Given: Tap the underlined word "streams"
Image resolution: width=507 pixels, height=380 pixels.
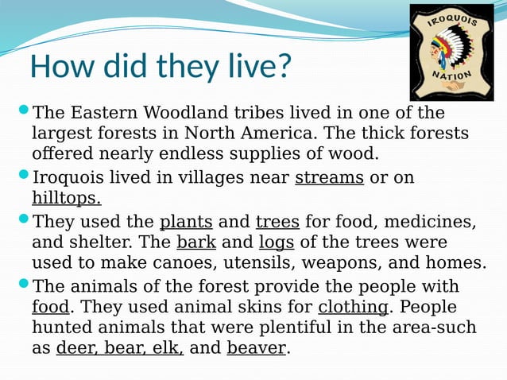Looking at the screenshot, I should pyautogui.click(x=329, y=177).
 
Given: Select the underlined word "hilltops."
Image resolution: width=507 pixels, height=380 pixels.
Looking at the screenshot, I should pyautogui.click(x=67, y=198).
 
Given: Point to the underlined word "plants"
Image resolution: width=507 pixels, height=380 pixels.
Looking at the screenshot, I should pyautogui.click(x=186, y=221).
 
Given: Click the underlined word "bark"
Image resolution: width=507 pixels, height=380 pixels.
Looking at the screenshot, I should pyautogui.click(x=196, y=242).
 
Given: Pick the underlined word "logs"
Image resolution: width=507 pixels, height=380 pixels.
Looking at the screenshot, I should pyautogui.click(x=277, y=242).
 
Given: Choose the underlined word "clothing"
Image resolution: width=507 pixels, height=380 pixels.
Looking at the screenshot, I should pyautogui.click(x=353, y=307).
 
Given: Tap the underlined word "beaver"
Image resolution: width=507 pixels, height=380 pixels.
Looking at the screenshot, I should pyautogui.click(x=256, y=347).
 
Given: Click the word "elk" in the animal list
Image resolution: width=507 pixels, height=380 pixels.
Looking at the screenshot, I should pyautogui.click(x=169, y=347).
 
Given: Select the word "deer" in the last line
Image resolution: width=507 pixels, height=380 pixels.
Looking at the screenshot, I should pyautogui.click(x=74, y=347).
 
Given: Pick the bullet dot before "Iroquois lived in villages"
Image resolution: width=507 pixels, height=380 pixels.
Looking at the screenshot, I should pyautogui.click(x=23, y=174).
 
